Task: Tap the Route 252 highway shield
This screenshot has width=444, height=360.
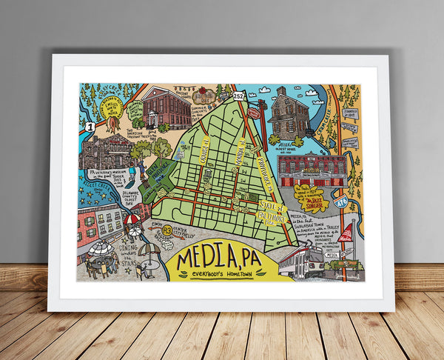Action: [238, 96]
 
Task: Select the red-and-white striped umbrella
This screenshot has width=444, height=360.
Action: [131, 219]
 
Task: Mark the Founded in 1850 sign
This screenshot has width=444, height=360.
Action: [351, 114]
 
